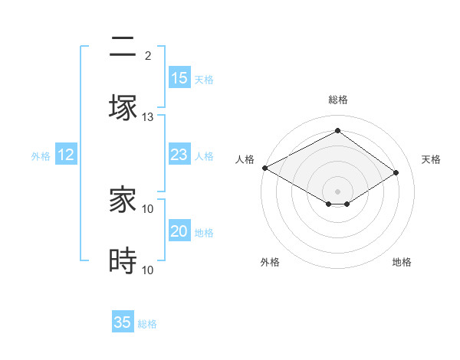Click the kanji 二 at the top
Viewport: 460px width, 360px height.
click(123, 47)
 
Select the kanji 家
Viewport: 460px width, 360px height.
click(123, 200)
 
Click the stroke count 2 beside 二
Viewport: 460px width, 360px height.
click(148, 56)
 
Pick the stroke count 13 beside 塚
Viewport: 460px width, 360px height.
click(148, 117)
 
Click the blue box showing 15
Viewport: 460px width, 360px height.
click(179, 78)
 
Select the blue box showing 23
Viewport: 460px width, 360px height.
click(179, 155)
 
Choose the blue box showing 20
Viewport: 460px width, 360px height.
click(179, 231)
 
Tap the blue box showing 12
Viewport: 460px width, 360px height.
click(66, 155)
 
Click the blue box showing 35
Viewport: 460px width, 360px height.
click(123, 322)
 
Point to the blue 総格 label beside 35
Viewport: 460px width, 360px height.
click(147, 324)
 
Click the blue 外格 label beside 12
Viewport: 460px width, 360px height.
click(41, 156)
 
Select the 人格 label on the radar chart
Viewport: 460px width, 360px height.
click(245, 159)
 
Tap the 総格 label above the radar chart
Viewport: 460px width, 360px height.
click(337, 100)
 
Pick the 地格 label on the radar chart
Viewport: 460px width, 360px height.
click(402, 262)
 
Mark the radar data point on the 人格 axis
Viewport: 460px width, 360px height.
click(264, 167)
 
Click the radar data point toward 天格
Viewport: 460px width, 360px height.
click(396, 172)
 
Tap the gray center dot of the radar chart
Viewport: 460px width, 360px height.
click(337, 191)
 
